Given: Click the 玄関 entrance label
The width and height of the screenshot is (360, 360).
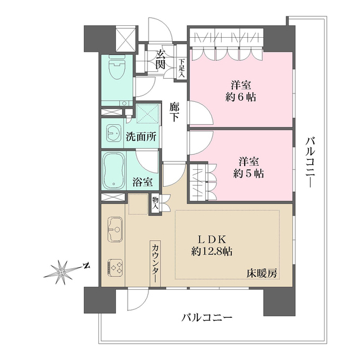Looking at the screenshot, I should tap(161, 59).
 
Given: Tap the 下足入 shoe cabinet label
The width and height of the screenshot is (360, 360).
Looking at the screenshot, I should tap(182, 69).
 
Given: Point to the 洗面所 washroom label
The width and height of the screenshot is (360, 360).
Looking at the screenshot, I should tap(141, 136).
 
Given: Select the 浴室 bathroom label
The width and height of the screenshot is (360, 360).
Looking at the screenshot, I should tap(142, 182).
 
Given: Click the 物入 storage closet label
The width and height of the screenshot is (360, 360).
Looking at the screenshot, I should tap(155, 203).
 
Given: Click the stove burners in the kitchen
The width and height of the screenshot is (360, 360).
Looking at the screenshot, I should tap(115, 266).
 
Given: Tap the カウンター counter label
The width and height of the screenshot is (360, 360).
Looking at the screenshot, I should tap(155, 262).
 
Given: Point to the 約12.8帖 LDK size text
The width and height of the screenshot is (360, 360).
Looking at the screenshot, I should tap(213, 251).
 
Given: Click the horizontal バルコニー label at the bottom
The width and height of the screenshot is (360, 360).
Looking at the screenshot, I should tap(206, 318).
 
